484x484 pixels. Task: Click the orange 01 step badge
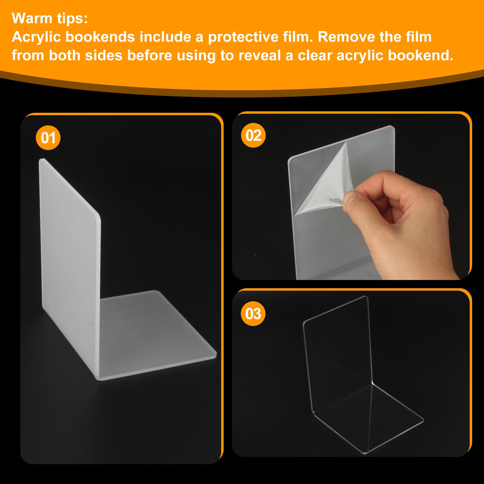pyautogui.click(x=48, y=138)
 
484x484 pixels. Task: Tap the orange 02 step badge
pyautogui.click(x=253, y=135)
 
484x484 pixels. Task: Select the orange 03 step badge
pyautogui.click(x=253, y=313)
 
